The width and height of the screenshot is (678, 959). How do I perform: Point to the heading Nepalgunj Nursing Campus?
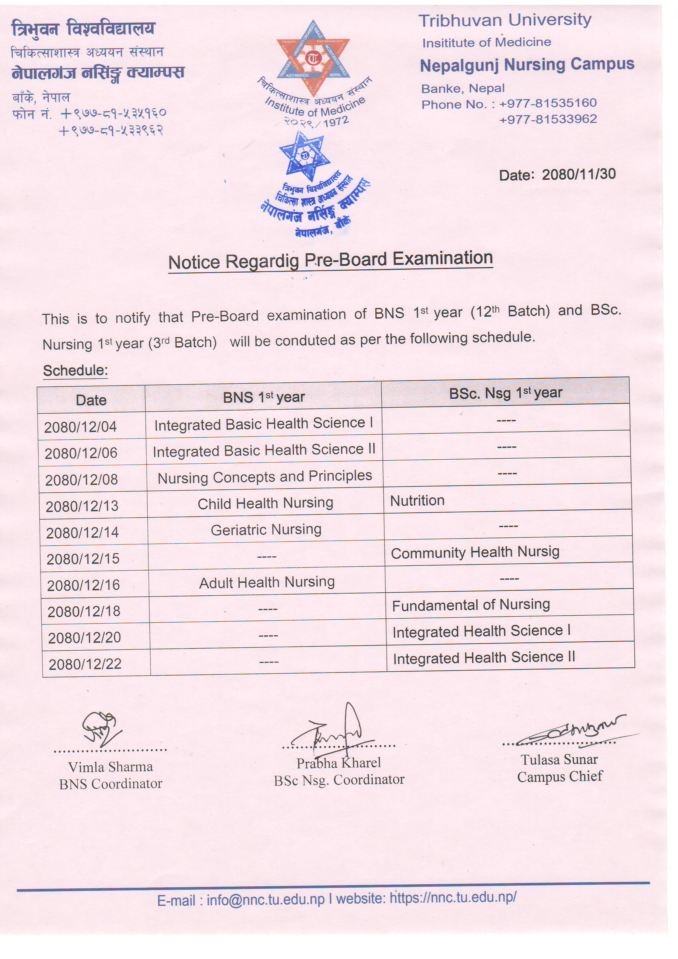pyautogui.click(x=527, y=65)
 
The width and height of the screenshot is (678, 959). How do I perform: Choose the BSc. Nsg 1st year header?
pyautogui.click(x=505, y=393)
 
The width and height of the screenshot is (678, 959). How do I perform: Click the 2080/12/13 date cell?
pyautogui.click(x=82, y=506)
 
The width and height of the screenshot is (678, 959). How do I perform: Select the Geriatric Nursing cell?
pyautogui.click(x=266, y=530)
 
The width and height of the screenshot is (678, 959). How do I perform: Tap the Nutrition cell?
pyautogui.click(x=417, y=500)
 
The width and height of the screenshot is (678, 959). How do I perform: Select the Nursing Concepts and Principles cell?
pyautogui.click(x=265, y=476)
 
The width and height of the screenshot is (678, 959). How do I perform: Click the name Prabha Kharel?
pyautogui.click(x=339, y=763)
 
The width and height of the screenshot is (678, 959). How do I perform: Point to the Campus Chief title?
pyautogui.click(x=560, y=776)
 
